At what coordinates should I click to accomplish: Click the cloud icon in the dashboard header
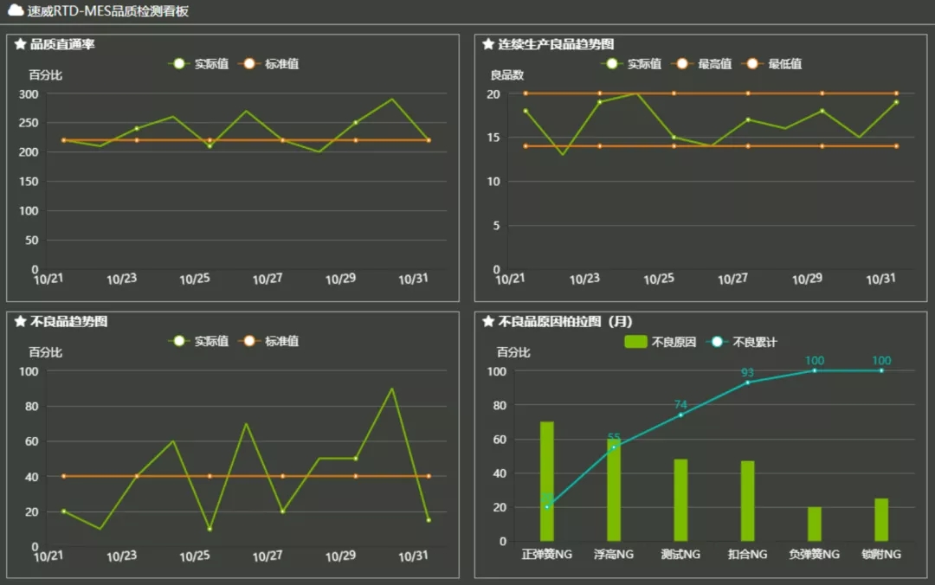point(16,11)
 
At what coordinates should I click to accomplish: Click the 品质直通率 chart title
point(62,44)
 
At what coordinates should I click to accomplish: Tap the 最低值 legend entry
point(776,64)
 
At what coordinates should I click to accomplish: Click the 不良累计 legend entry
point(745,342)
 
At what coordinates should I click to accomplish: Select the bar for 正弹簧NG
point(547,481)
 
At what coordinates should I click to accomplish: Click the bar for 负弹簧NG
point(815,524)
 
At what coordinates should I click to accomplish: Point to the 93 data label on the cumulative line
point(747,373)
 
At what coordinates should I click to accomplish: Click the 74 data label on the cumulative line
point(680,405)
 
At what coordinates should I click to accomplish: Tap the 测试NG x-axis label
point(680,554)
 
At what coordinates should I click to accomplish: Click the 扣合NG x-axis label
point(747,554)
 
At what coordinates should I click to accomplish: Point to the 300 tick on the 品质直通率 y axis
point(29,93)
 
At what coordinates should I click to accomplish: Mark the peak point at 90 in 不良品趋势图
point(392,389)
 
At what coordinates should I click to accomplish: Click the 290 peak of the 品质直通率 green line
point(392,99)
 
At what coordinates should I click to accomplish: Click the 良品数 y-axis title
point(507,75)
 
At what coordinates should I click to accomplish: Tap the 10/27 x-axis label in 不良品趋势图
point(268,556)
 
